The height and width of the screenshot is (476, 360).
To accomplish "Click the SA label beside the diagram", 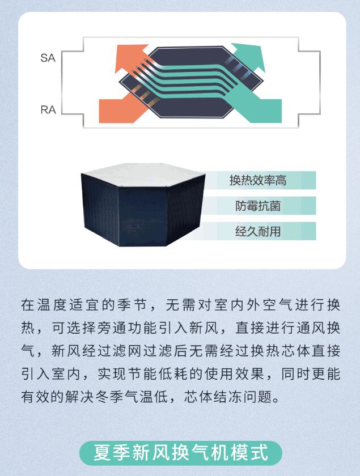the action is point(48,58).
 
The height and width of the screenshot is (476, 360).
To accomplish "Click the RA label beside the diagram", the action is point(48,109).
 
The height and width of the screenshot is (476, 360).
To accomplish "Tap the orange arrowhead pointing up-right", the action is point(130,57).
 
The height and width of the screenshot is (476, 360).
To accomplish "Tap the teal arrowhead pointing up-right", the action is point(249,57).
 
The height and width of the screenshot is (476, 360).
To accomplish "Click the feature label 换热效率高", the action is point(257,180).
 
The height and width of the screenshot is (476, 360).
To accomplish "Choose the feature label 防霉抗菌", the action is point(257,206).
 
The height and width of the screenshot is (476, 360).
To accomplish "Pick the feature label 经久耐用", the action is point(257,231).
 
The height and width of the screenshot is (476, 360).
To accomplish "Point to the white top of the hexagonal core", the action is point(143,175).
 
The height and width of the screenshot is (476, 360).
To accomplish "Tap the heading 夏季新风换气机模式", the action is point(181,452).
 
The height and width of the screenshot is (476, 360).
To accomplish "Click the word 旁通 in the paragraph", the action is point(105,328).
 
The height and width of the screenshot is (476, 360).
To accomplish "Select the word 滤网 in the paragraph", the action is point(120,351).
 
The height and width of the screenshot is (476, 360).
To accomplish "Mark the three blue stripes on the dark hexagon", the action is point(239,66).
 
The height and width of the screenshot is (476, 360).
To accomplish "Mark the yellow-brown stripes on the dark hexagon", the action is point(145,94).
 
